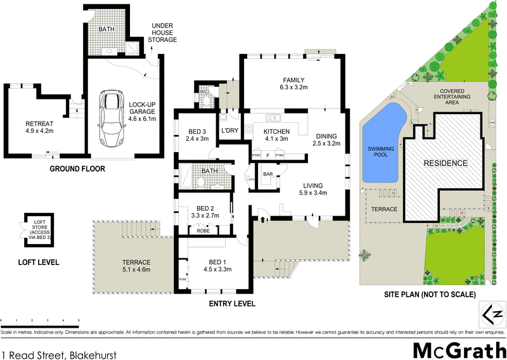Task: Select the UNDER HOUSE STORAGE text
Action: pos(162,34)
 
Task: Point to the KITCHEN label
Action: pos(276,135)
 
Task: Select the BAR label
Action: pos(267,174)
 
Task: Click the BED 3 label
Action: pos(197,134)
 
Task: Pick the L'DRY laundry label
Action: pos(228,131)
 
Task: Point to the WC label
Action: pos(203,92)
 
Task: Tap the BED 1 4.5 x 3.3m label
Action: pos(217,264)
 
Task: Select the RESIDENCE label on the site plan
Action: pos(446,163)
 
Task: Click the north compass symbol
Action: pos(492,314)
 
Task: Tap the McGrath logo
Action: pos(459,348)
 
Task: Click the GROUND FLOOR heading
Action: pos(77,169)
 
